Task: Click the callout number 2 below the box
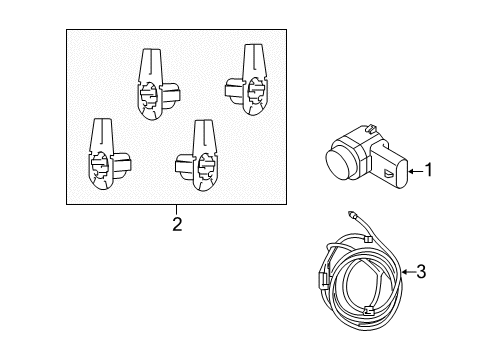pos(177,224)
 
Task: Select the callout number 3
pos(421,270)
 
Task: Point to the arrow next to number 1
pos(411,171)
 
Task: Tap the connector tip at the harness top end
pos(355,214)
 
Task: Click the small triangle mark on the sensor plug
pos(388,174)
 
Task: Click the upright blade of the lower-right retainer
pos(204,134)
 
